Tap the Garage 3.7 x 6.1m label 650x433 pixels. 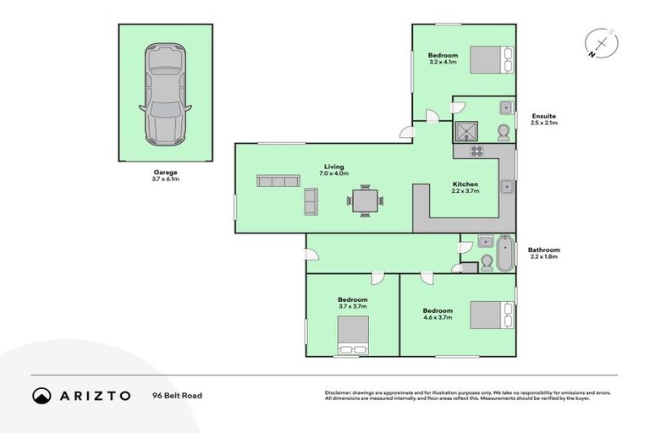click(164, 176)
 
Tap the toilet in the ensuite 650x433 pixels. click(503, 132)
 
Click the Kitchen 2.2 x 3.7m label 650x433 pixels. click(465, 188)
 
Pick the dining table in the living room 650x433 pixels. click(365, 200)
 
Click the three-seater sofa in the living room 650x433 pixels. click(278, 182)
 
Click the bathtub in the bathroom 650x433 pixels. click(504, 254)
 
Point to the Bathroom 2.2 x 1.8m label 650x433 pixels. click(544, 254)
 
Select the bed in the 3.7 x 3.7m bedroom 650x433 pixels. click(352, 336)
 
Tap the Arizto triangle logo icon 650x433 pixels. click(42, 395)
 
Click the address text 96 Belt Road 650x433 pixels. click(177, 395)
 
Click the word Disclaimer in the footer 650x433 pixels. click(339, 393)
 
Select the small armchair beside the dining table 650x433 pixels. click(311, 200)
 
